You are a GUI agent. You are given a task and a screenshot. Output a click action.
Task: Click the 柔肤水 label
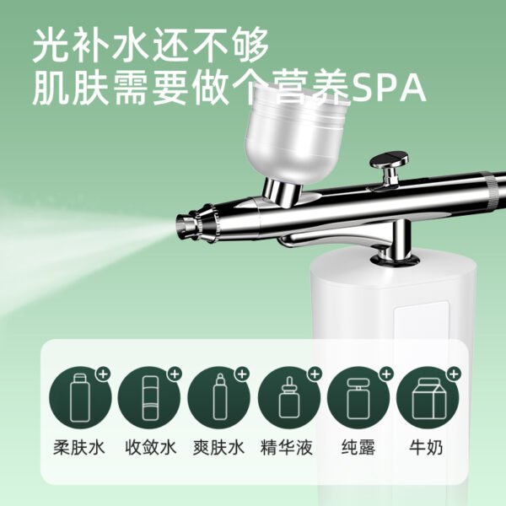[79, 448]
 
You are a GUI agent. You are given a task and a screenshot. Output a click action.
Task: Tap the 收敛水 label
[151, 448]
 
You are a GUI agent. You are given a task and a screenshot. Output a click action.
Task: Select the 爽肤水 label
[218, 448]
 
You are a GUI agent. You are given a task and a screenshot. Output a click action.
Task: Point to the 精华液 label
[287, 448]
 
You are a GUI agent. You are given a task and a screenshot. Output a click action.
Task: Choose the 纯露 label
[358, 448]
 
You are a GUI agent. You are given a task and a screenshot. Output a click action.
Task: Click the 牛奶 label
[426, 448]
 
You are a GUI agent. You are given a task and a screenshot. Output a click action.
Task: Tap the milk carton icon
[426, 399]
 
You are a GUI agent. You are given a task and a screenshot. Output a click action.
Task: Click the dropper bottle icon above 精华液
[289, 397]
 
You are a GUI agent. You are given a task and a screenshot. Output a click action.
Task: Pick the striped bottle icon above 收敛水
[149, 398]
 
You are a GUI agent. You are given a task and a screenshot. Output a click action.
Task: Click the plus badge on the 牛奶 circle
[454, 374]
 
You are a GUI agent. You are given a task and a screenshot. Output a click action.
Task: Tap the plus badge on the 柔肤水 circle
[103, 374]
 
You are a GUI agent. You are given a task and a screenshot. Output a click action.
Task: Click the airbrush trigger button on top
[389, 160]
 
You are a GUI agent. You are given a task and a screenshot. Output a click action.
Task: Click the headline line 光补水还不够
[150, 46]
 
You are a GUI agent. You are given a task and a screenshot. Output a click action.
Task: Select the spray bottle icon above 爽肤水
[218, 397]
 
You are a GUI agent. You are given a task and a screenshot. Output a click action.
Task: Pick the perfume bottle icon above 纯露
[358, 399]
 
